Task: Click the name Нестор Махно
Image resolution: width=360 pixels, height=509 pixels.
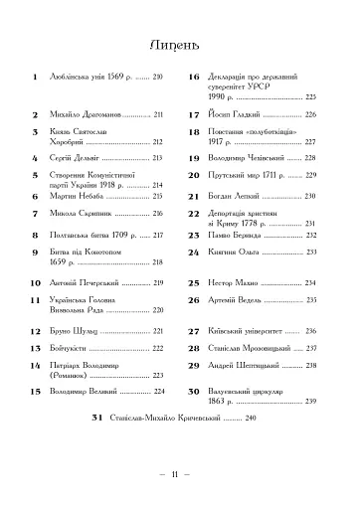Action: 238,283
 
